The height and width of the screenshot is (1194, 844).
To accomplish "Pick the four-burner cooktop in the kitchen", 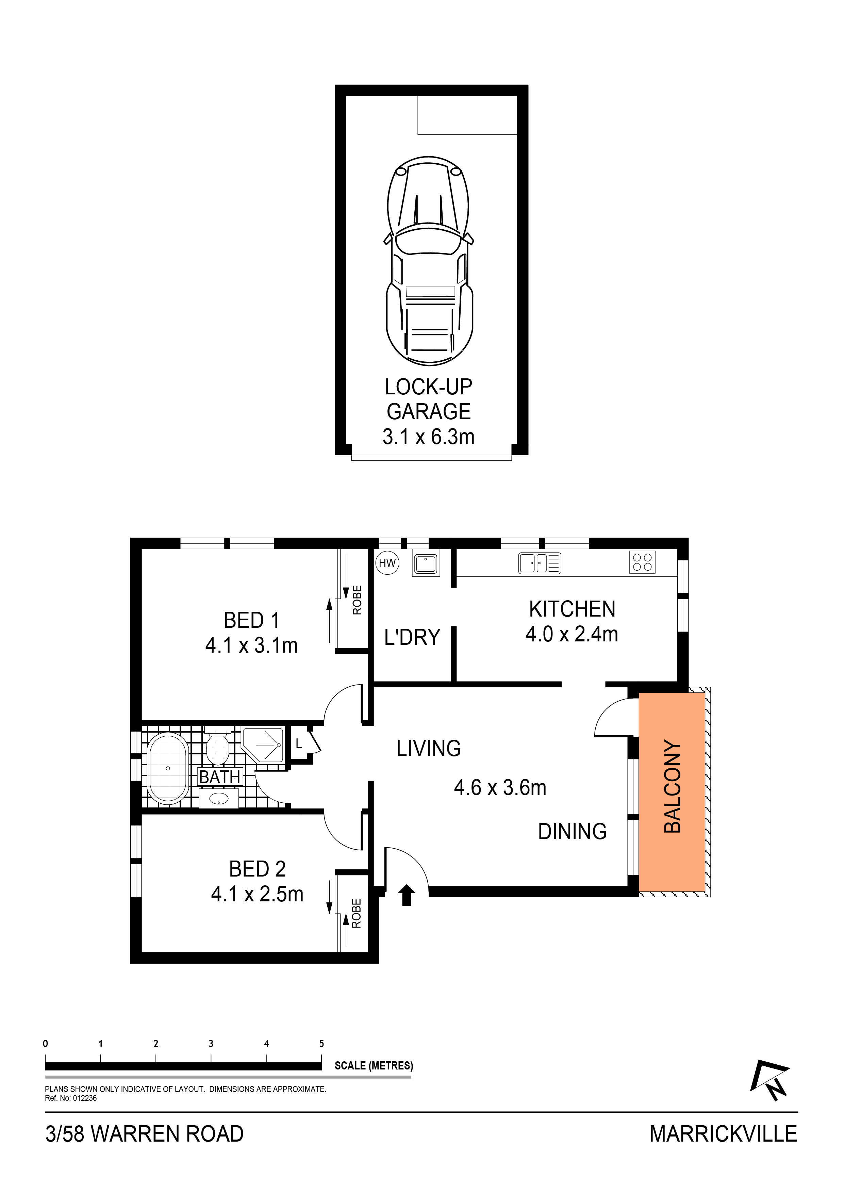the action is tap(642, 562).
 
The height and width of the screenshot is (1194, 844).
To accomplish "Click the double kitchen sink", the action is tap(540, 563).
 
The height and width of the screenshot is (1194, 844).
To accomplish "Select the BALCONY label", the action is tap(673, 787).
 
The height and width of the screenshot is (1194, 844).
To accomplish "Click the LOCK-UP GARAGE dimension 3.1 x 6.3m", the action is tap(429, 437).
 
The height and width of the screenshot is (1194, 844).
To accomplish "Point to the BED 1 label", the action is tap(252, 620).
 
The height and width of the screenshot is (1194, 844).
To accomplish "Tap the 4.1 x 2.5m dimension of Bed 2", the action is tap(258, 894).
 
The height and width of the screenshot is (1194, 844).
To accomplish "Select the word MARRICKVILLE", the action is tap(723, 1134).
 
